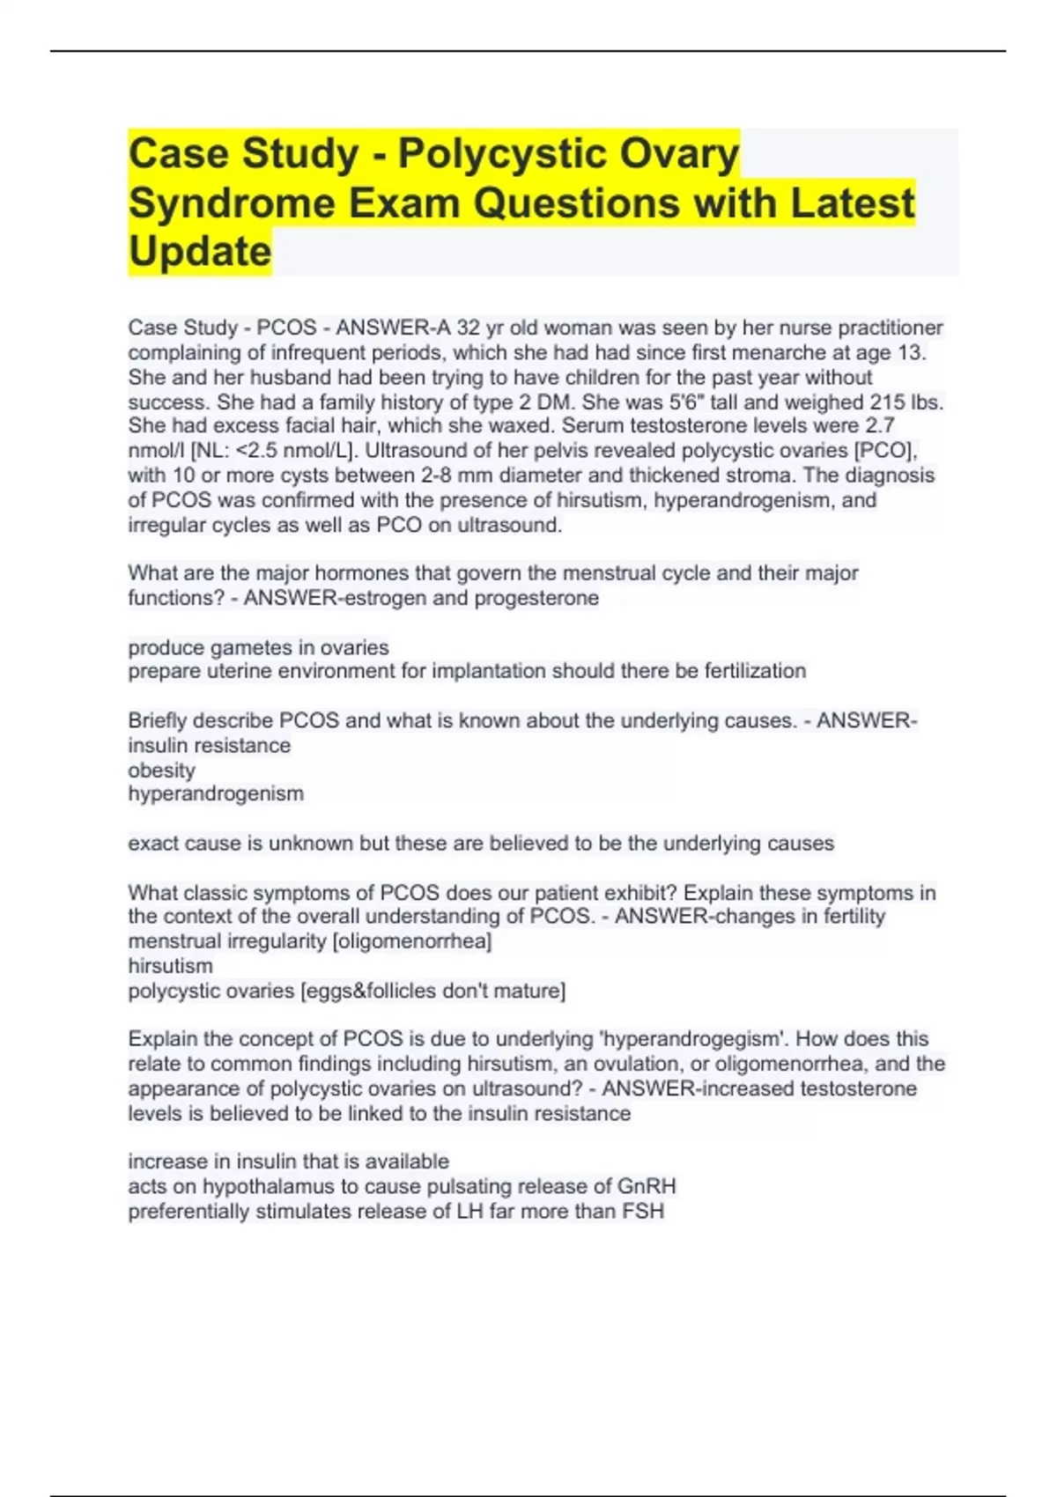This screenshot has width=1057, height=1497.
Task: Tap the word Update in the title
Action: tap(200, 252)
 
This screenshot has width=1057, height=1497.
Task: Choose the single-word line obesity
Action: tap(161, 771)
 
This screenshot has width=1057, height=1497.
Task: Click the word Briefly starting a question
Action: tap(157, 721)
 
